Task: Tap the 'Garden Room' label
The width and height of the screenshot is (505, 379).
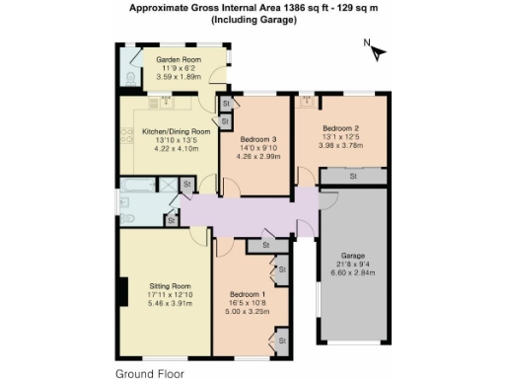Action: pyautogui.click(x=179, y=59)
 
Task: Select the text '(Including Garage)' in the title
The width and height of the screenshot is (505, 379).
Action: pyautogui.click(x=253, y=20)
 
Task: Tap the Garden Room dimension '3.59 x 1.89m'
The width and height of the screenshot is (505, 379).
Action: pyautogui.click(x=179, y=75)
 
